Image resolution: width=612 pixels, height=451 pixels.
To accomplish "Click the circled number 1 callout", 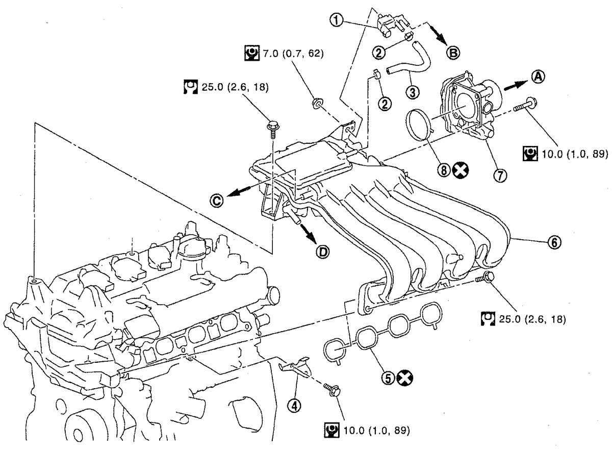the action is (337, 20).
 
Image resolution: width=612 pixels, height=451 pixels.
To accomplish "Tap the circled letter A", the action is (538, 77).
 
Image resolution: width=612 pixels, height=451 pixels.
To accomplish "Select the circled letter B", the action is (453, 53).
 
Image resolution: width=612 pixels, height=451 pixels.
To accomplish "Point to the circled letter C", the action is (217, 201).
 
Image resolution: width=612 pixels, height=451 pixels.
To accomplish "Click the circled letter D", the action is (323, 252).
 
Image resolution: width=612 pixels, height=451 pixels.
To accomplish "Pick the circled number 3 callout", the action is (412, 92).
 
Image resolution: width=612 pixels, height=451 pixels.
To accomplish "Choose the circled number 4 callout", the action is (294, 406).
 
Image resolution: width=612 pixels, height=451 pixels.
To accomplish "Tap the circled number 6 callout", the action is (554, 242).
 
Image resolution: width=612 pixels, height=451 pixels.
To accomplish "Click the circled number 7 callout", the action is (500, 175).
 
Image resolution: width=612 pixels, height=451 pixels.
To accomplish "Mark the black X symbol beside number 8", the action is (461, 170).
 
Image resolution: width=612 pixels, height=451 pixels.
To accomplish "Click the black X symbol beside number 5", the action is (404, 378).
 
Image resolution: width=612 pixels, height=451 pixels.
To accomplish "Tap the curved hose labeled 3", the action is (408, 59).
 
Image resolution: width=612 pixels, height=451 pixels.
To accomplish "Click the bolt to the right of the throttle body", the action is (525, 106).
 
